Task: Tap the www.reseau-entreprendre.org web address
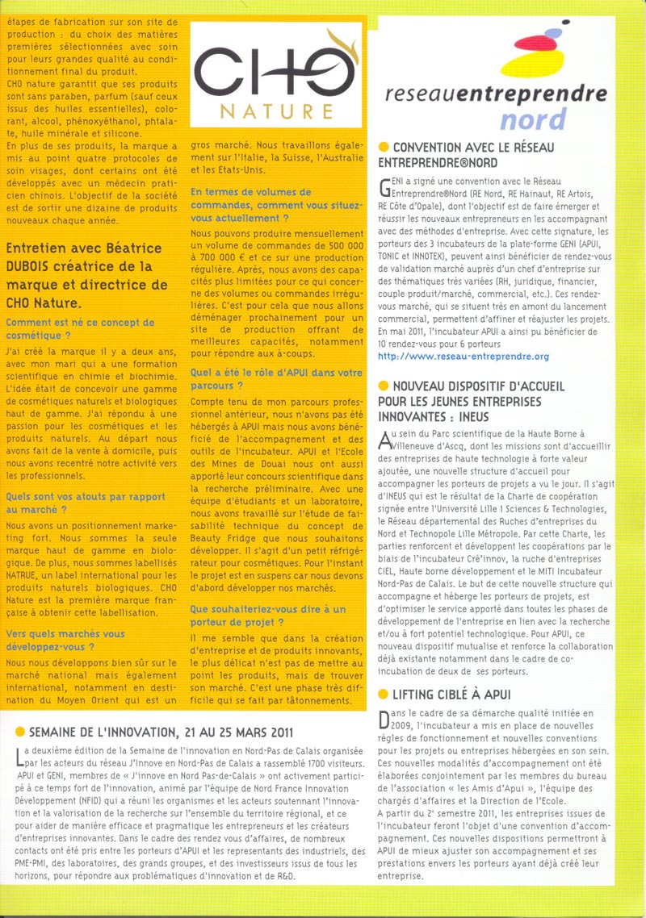464,356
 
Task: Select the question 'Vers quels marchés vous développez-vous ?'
66,641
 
